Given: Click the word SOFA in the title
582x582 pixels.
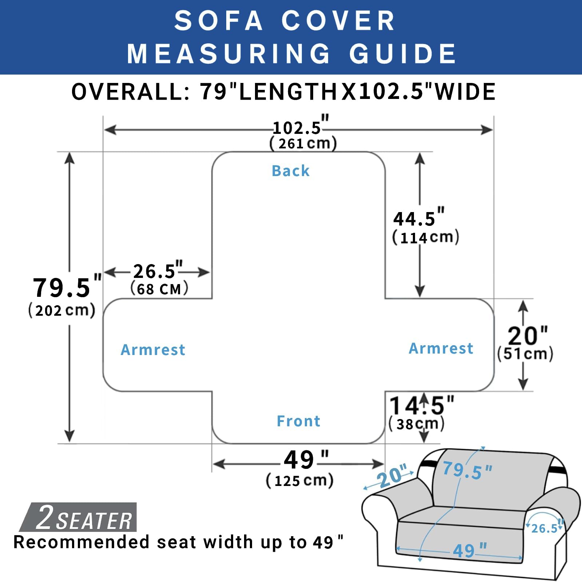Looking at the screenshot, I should pos(218,20).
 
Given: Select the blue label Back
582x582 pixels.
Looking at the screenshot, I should pos(291,171).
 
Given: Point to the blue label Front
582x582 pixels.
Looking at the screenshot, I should pos(298,421).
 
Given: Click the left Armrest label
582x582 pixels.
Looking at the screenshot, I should pos(153,350).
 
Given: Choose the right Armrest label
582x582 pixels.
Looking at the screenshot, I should pos(441,348).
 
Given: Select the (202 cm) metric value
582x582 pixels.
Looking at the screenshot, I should pos(62,311).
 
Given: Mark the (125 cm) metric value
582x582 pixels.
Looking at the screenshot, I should pos(300,481).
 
